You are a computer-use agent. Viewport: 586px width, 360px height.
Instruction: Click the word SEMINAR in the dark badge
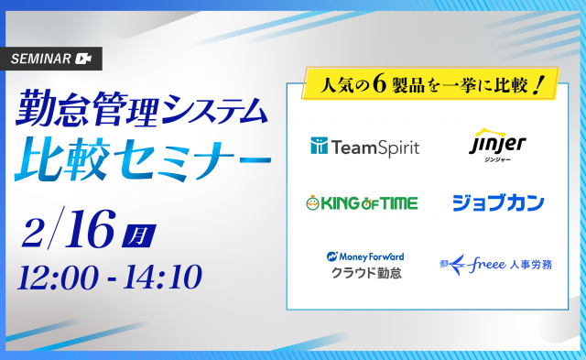[40, 59]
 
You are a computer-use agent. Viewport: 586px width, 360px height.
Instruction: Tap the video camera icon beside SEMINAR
[83, 59]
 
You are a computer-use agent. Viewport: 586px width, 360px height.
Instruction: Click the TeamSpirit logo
[364, 147]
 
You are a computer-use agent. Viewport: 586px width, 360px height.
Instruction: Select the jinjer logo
[497, 146]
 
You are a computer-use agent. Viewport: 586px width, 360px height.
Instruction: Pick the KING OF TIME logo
[362, 203]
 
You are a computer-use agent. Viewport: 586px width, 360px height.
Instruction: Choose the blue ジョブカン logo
[498, 203]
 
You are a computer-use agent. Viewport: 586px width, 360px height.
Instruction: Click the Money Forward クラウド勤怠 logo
[365, 266]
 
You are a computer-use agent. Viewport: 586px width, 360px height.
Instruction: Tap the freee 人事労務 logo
[495, 265]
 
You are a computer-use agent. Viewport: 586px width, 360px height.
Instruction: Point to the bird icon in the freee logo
[453, 265]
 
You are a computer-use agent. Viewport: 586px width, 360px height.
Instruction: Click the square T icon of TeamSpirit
[319, 146]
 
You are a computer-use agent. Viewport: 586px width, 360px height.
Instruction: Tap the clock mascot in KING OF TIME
[312, 203]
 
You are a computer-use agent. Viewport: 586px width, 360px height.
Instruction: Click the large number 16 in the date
[90, 229]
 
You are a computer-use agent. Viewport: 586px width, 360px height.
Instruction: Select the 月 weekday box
[138, 236]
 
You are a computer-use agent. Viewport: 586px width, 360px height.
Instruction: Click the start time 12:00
[59, 278]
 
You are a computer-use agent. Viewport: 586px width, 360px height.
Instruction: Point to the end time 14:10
[163, 277]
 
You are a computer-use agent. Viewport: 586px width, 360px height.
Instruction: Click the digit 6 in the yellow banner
[379, 85]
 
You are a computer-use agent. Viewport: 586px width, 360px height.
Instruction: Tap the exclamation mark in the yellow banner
[538, 85]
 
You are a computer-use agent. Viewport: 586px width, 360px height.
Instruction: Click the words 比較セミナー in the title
[143, 159]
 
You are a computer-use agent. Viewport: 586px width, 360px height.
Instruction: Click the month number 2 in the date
[33, 233]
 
